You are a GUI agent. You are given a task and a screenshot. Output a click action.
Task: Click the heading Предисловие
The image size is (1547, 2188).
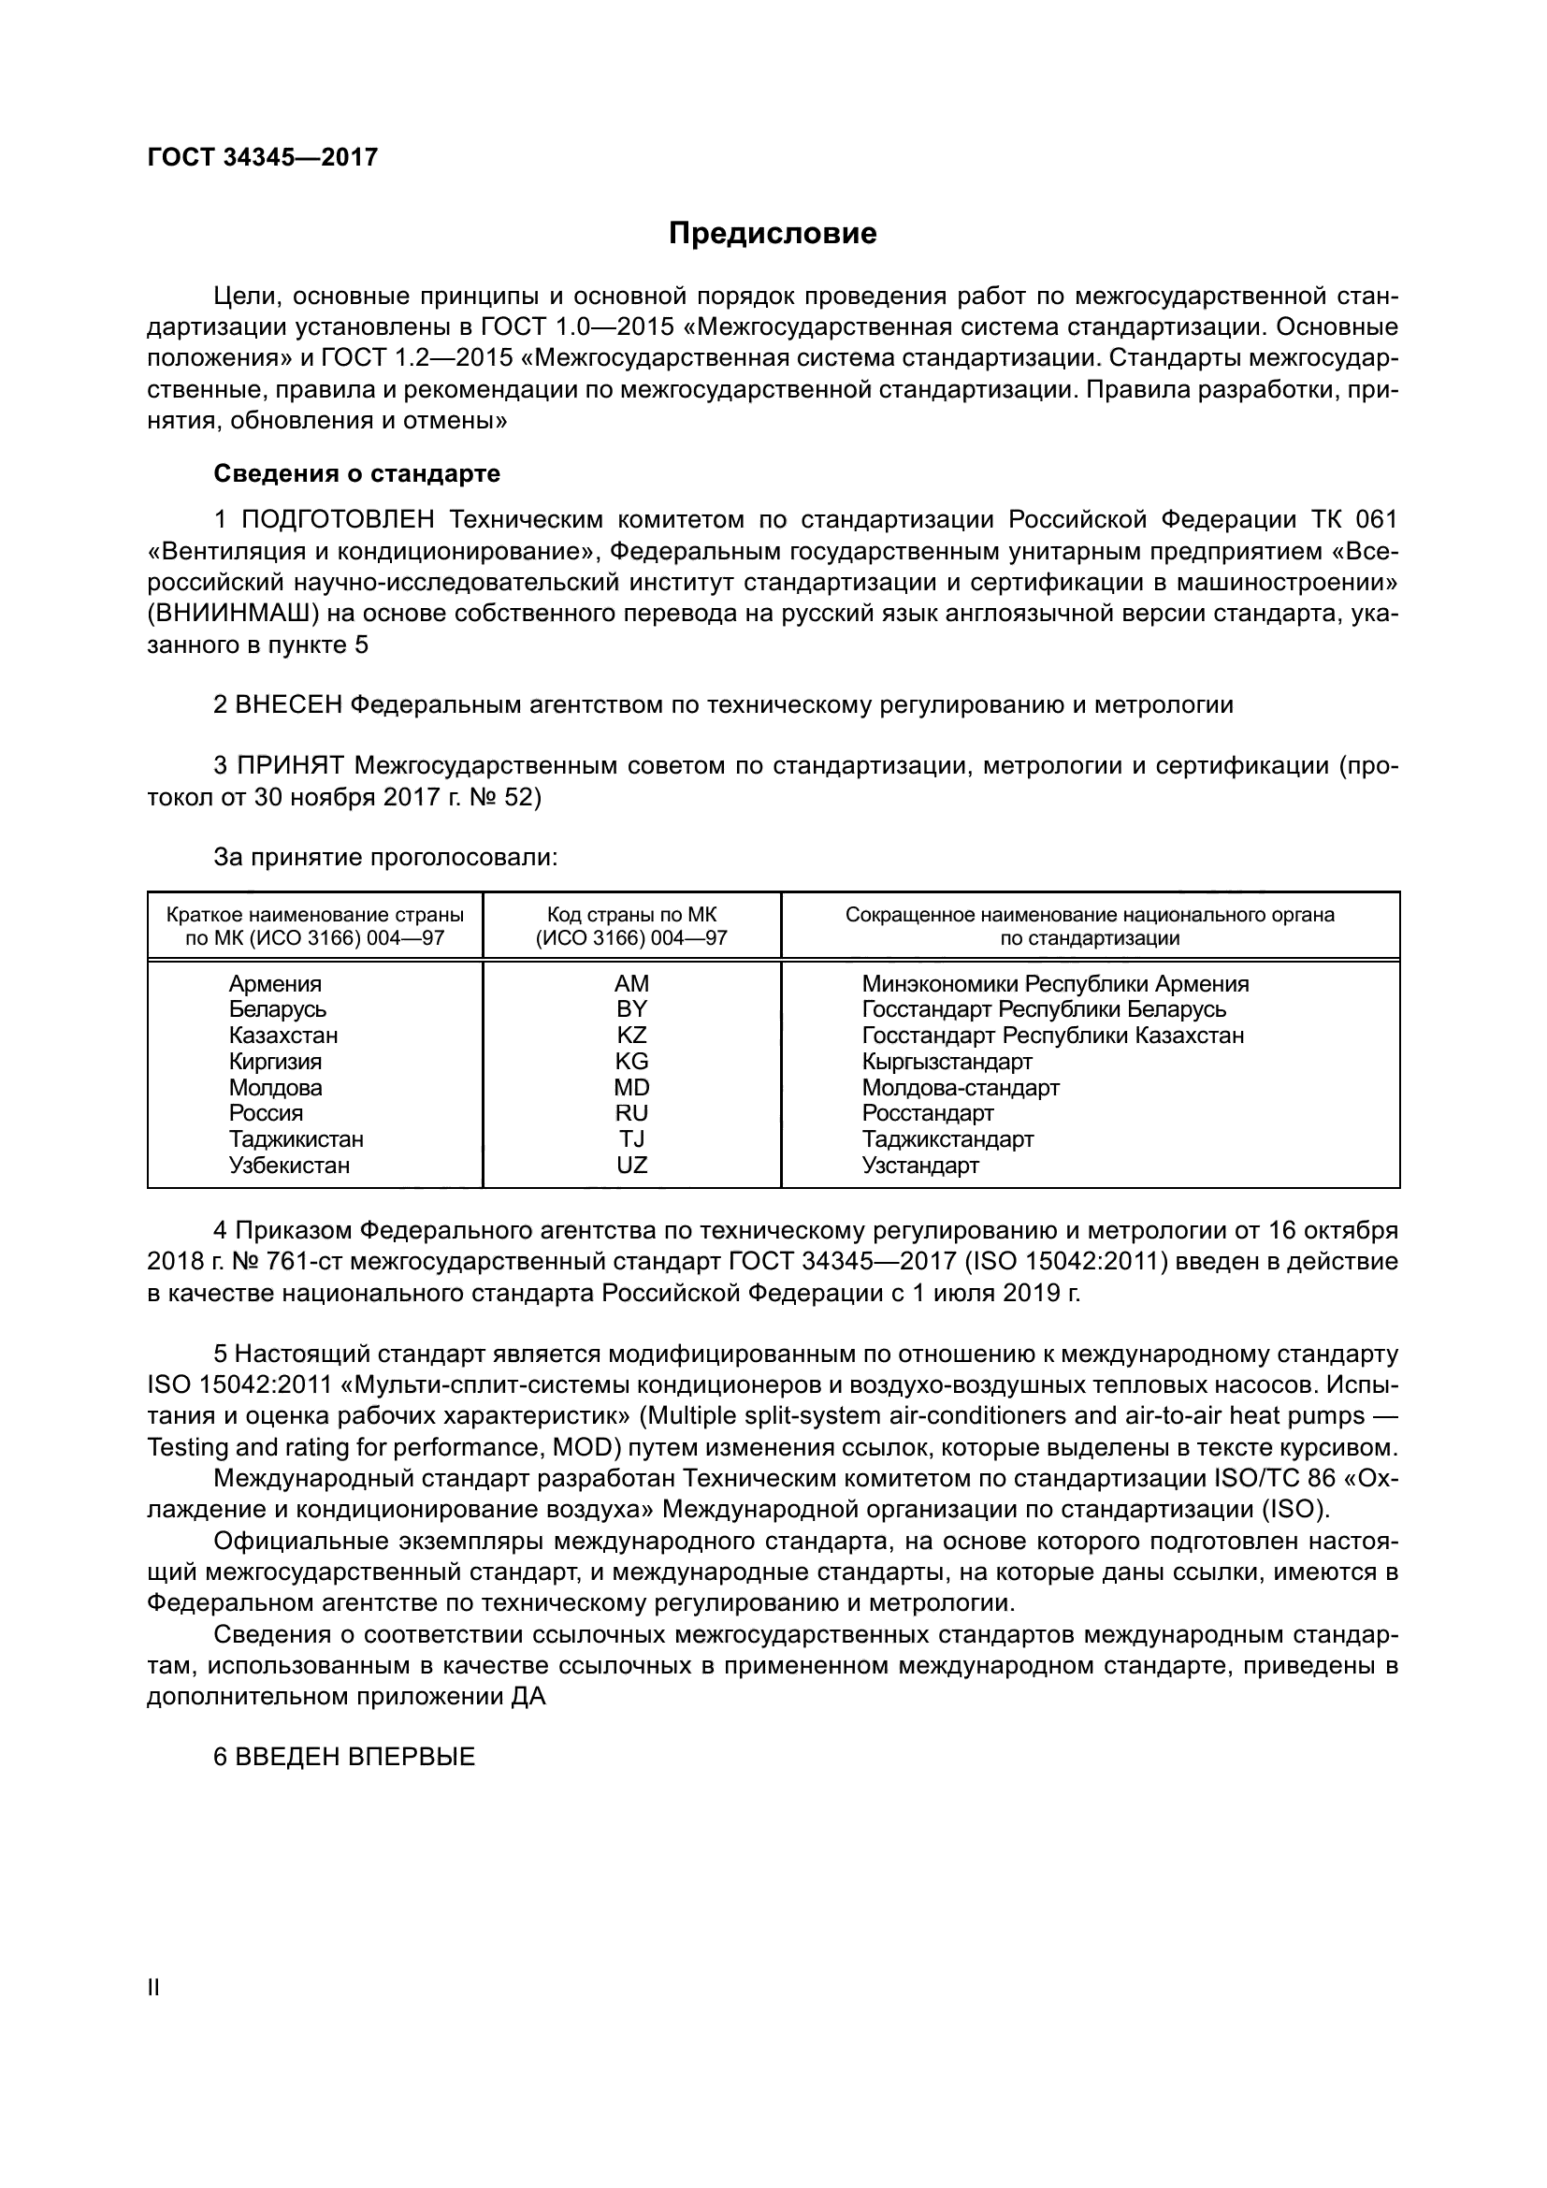[x=773, y=234]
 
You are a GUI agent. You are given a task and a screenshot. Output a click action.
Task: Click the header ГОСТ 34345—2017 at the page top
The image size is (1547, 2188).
[x=263, y=157]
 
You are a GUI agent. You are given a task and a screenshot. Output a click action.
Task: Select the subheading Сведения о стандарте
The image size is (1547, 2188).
[x=356, y=473]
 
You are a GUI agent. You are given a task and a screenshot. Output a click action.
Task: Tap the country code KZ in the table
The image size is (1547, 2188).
[x=631, y=1035]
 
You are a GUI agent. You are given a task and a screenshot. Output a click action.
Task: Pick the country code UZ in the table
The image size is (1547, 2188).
[x=631, y=1165]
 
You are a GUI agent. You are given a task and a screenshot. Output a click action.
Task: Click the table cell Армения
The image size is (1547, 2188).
[x=275, y=983]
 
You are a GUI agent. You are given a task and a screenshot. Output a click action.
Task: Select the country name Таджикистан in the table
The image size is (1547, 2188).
[x=296, y=1138]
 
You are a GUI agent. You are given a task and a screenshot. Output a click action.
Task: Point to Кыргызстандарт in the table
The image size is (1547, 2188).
[x=947, y=1062]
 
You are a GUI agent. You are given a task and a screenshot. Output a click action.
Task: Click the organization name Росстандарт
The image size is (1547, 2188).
[x=928, y=1113]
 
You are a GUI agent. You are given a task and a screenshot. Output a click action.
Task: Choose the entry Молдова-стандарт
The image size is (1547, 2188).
[x=961, y=1087]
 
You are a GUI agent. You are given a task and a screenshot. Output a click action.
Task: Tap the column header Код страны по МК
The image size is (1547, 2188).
[x=631, y=916]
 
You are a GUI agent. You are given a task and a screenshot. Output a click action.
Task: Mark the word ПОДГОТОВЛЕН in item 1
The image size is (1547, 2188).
[x=339, y=520]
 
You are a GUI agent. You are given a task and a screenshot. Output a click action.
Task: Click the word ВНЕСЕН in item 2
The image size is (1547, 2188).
[x=289, y=705]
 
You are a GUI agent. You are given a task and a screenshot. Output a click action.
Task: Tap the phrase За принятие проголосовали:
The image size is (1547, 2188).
[x=384, y=858]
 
